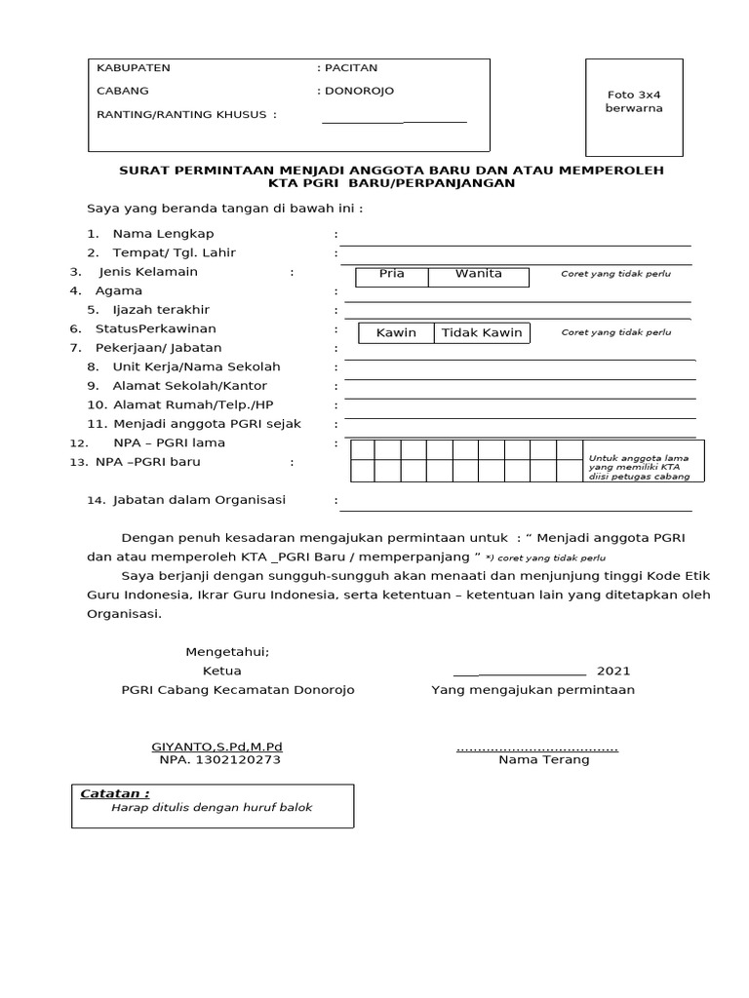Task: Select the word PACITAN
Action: pos(351,68)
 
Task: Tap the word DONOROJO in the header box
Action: pos(360,92)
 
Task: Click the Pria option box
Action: pos(392,275)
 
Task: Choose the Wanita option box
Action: pos(478,275)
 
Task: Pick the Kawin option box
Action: pos(396,333)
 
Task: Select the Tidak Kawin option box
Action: pos(482,333)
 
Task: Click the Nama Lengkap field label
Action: pos(163,234)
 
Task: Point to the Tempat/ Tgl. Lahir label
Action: pos(175,253)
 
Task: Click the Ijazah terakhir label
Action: pos(161,310)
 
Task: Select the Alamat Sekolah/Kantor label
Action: pos(189,386)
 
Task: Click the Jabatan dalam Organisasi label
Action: pos(199,500)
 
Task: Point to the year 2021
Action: pos(613,672)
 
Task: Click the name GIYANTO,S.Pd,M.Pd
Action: pos(217,748)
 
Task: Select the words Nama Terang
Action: pos(543,760)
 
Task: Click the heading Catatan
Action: pos(114,794)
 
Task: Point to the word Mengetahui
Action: pos(227,653)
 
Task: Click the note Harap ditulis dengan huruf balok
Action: pos(212,809)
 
